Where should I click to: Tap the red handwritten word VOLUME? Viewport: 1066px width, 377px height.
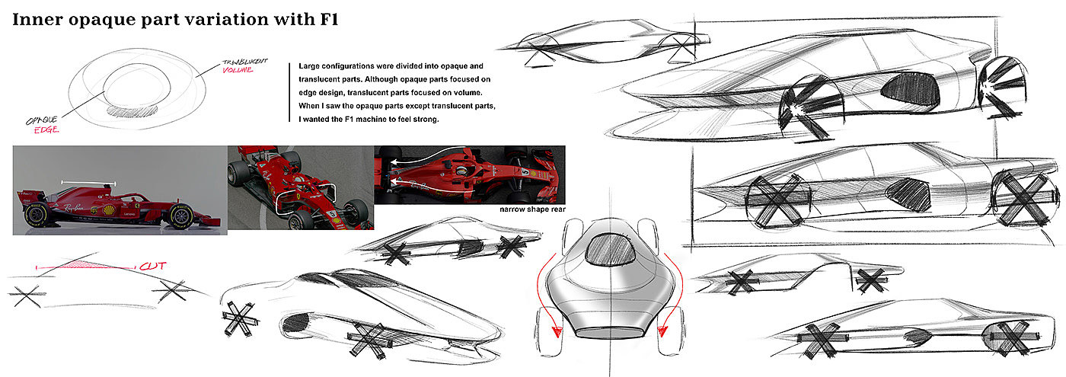(238, 70)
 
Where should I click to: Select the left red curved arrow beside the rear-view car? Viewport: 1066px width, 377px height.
(550, 297)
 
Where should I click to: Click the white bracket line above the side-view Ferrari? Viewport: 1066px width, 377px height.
(88, 183)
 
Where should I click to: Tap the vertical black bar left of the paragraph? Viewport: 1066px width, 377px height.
(291, 91)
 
